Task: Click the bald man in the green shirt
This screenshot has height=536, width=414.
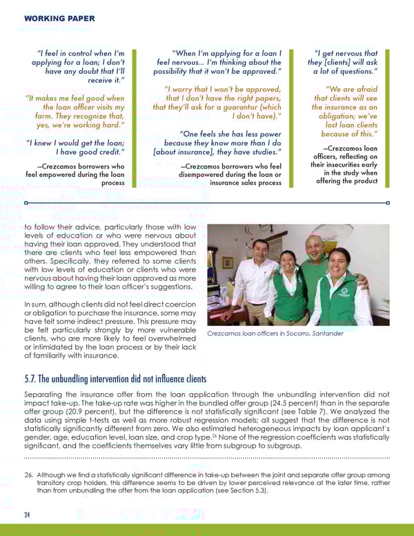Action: [x=315, y=269]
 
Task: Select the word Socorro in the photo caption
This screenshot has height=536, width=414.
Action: [x=291, y=334]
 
